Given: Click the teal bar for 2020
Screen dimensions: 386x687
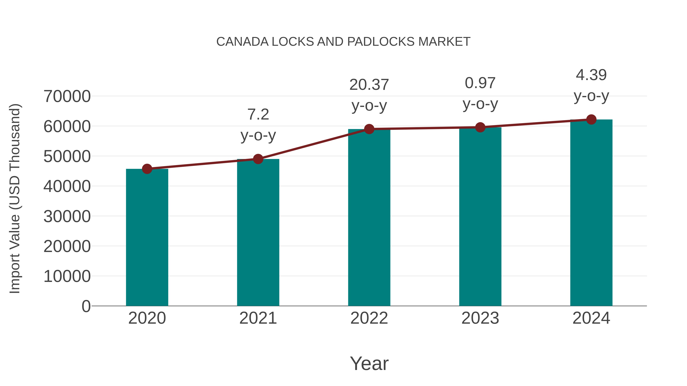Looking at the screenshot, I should click(147, 237).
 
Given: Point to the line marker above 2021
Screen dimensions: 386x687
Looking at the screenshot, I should click(258, 159).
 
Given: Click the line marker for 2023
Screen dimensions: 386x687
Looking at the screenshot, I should click(480, 127).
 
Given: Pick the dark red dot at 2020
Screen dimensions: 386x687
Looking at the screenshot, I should click(147, 169).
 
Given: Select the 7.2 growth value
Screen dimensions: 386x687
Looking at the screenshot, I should click(258, 115).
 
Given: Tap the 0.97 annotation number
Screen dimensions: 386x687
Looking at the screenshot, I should click(480, 83).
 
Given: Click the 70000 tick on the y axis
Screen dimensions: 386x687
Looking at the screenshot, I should click(67, 96).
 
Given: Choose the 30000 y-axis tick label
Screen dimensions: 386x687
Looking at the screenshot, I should click(67, 216).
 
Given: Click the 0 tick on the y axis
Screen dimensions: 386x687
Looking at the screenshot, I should click(86, 306).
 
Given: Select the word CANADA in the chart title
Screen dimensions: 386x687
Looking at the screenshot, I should click(242, 42).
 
